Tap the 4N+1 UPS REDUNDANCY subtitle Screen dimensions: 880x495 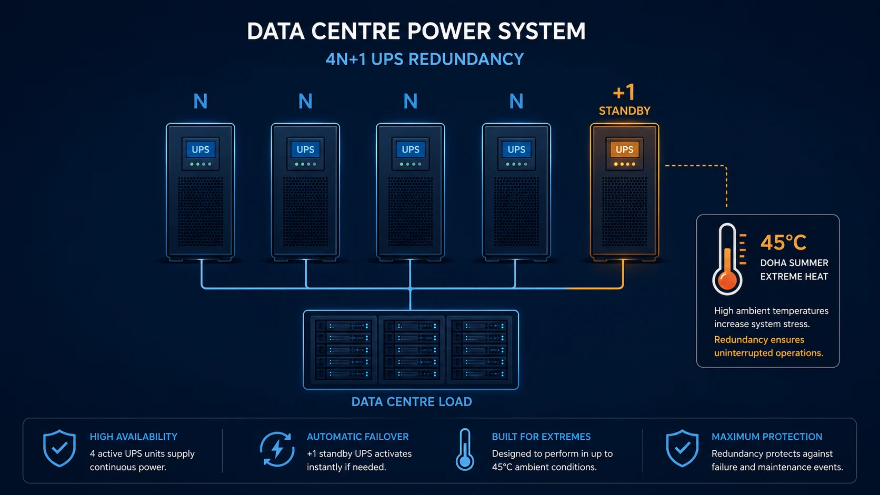pos(425,59)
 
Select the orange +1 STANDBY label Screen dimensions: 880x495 pos(624,100)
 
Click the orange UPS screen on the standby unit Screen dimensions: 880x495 pos(624,149)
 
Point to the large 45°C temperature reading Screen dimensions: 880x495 pos(783,242)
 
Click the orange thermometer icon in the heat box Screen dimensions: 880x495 pos(727,259)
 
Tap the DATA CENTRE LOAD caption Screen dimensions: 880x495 pos(412,401)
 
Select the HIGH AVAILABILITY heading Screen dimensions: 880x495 pos(134,437)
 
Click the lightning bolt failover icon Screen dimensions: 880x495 pos(277,449)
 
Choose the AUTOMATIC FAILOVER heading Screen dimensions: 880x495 pos(357,437)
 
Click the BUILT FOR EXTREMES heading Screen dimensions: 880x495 pos(541,437)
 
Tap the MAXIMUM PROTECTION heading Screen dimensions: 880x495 pos(767,437)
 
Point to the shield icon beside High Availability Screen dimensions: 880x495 pos(59,448)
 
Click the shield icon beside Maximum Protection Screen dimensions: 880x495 pos(683,448)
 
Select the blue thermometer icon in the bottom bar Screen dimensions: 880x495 pos(465,449)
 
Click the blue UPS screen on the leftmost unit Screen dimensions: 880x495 pos(201,149)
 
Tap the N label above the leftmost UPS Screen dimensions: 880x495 pos(201,102)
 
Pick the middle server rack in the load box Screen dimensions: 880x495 pos(411,350)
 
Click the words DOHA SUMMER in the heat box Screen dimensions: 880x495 pos(794,262)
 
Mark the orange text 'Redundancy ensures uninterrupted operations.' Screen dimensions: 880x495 pos(768,346)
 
